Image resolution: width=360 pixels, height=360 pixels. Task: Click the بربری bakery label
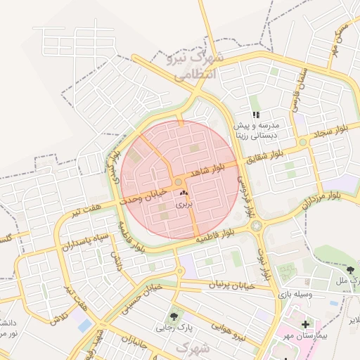click(x=184, y=204)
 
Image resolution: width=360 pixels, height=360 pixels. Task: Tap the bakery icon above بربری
click(x=184, y=192)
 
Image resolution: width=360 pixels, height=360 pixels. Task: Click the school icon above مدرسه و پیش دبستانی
click(x=257, y=114)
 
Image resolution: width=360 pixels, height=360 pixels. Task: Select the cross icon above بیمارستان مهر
click(x=305, y=324)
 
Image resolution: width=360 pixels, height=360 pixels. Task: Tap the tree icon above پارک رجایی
click(x=174, y=316)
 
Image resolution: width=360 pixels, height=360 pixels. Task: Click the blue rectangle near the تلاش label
click(x=85, y=326)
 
